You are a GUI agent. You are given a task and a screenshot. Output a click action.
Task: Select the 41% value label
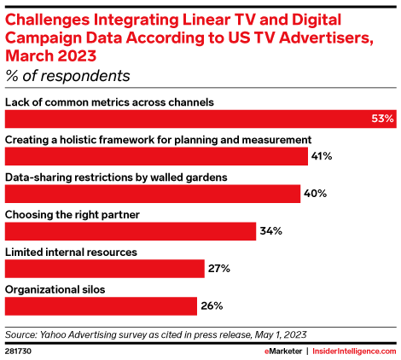pyautogui.click(x=322, y=156)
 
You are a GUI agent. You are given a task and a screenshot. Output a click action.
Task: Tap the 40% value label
pyautogui.click(x=315, y=194)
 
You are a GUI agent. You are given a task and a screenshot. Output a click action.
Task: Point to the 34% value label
pyautogui.click(x=270, y=231)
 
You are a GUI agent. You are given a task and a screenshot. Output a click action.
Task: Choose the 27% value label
pyautogui.click(x=218, y=269)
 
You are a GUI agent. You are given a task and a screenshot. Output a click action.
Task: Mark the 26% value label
pyautogui.click(x=212, y=305)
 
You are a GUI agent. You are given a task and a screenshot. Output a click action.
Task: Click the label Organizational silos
pyautogui.click(x=55, y=289)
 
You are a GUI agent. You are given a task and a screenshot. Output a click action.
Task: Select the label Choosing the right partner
pyautogui.click(x=74, y=214)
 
